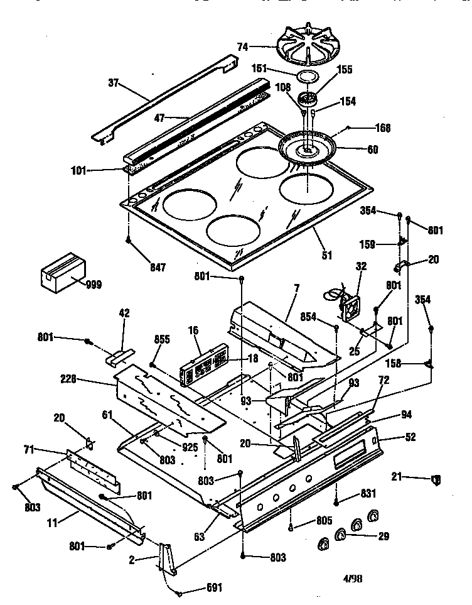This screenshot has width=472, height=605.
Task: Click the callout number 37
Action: pos(114,82)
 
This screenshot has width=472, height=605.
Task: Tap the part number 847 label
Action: pos(158,268)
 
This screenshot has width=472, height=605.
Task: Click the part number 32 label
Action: pos(361,267)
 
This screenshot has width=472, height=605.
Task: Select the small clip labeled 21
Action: pos(436,480)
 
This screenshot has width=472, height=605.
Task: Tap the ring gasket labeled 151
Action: pos(306,77)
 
